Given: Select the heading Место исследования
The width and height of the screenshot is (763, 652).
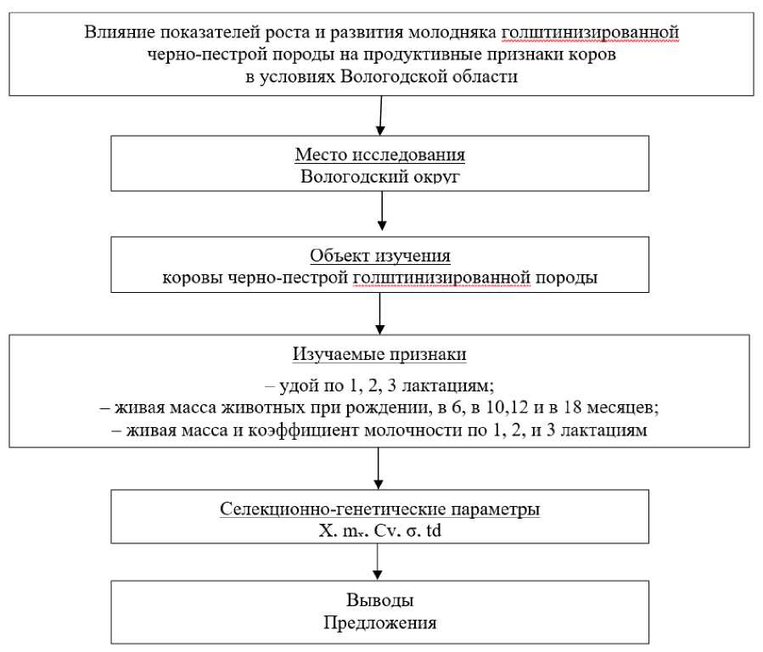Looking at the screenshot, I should tap(381, 155).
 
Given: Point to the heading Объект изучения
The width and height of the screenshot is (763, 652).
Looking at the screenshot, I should tap(381, 256).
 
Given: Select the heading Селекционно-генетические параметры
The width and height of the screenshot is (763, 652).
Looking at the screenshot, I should tap(381, 512).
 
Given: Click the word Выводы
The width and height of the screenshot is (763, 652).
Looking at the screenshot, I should tap(381, 600).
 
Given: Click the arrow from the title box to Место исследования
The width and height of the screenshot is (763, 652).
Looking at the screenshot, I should tap(380, 114).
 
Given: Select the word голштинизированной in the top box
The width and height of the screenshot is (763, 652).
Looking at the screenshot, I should tap(590, 33).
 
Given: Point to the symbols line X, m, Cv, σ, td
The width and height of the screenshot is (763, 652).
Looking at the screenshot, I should tap(380, 532).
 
